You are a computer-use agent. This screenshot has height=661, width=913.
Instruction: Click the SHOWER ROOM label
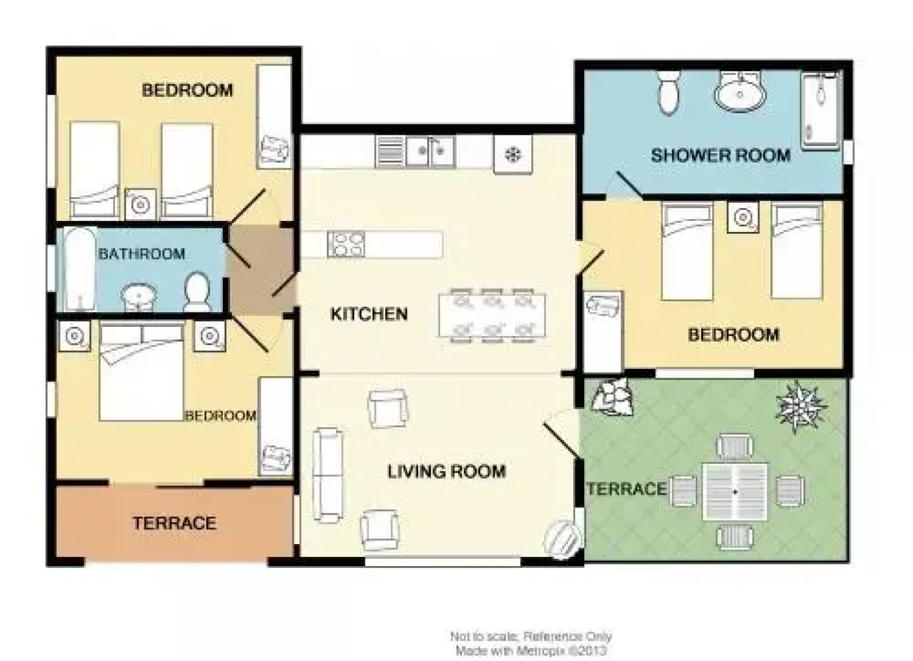pyautogui.click(x=720, y=155)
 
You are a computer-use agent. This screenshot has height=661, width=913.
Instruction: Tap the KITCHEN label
pyautogui.click(x=369, y=314)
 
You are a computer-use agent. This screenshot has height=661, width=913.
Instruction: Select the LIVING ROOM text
pyautogui.click(x=446, y=471)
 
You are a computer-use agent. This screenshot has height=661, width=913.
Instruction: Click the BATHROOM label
pyautogui.click(x=141, y=253)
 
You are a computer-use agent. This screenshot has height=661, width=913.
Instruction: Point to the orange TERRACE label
pyautogui.click(x=174, y=523)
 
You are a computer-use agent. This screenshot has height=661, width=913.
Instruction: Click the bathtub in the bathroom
pyautogui.click(x=80, y=269)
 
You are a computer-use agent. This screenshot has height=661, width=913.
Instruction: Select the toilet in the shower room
pyautogui.click(x=669, y=92)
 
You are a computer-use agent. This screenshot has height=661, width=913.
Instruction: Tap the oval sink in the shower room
pyautogui.click(x=740, y=94)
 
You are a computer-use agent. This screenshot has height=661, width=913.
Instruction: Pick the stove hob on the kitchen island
pyautogui.click(x=346, y=244)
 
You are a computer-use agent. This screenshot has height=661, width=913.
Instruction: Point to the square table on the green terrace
pyautogui.click(x=735, y=491)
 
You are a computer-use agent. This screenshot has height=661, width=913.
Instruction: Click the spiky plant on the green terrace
pyautogui.click(x=800, y=406)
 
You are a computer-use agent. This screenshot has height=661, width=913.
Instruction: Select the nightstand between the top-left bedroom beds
pyautogui.click(x=141, y=204)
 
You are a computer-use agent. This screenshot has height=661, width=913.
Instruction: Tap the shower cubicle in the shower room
pyautogui.click(x=821, y=111)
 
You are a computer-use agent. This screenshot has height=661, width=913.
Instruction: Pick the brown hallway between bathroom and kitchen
pyautogui.click(x=261, y=271)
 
